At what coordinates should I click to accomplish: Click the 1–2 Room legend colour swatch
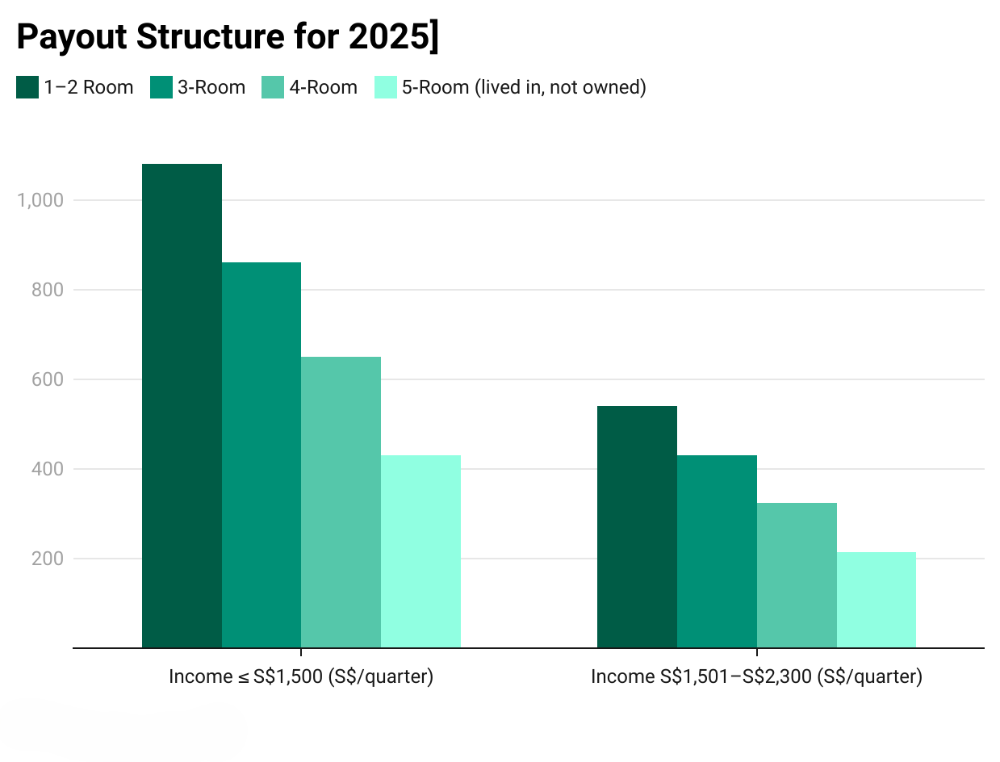click(27, 87)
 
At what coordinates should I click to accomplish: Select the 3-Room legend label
click(211, 87)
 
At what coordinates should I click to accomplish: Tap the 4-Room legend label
click(323, 87)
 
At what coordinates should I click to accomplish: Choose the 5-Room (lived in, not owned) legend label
click(524, 87)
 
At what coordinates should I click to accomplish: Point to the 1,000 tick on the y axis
click(40, 200)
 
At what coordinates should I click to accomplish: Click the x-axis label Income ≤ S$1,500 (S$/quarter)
click(301, 676)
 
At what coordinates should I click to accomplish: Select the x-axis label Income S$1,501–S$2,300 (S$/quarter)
click(756, 676)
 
